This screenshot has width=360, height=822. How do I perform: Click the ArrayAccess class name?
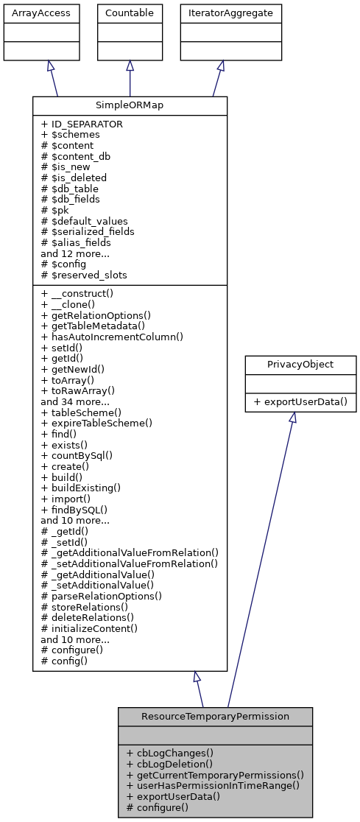point(30,13)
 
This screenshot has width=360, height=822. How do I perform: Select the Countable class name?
point(130,13)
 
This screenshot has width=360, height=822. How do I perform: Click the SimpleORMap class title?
point(130,105)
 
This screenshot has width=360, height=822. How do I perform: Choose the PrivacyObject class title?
point(292,364)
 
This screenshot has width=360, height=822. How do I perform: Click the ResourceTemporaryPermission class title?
point(215,716)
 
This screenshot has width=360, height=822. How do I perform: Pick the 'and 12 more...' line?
point(76,253)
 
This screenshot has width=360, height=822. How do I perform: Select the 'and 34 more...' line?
point(76,402)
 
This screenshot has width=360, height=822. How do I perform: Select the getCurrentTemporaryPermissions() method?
point(215,775)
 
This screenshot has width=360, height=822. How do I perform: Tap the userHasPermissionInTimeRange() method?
point(213,785)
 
